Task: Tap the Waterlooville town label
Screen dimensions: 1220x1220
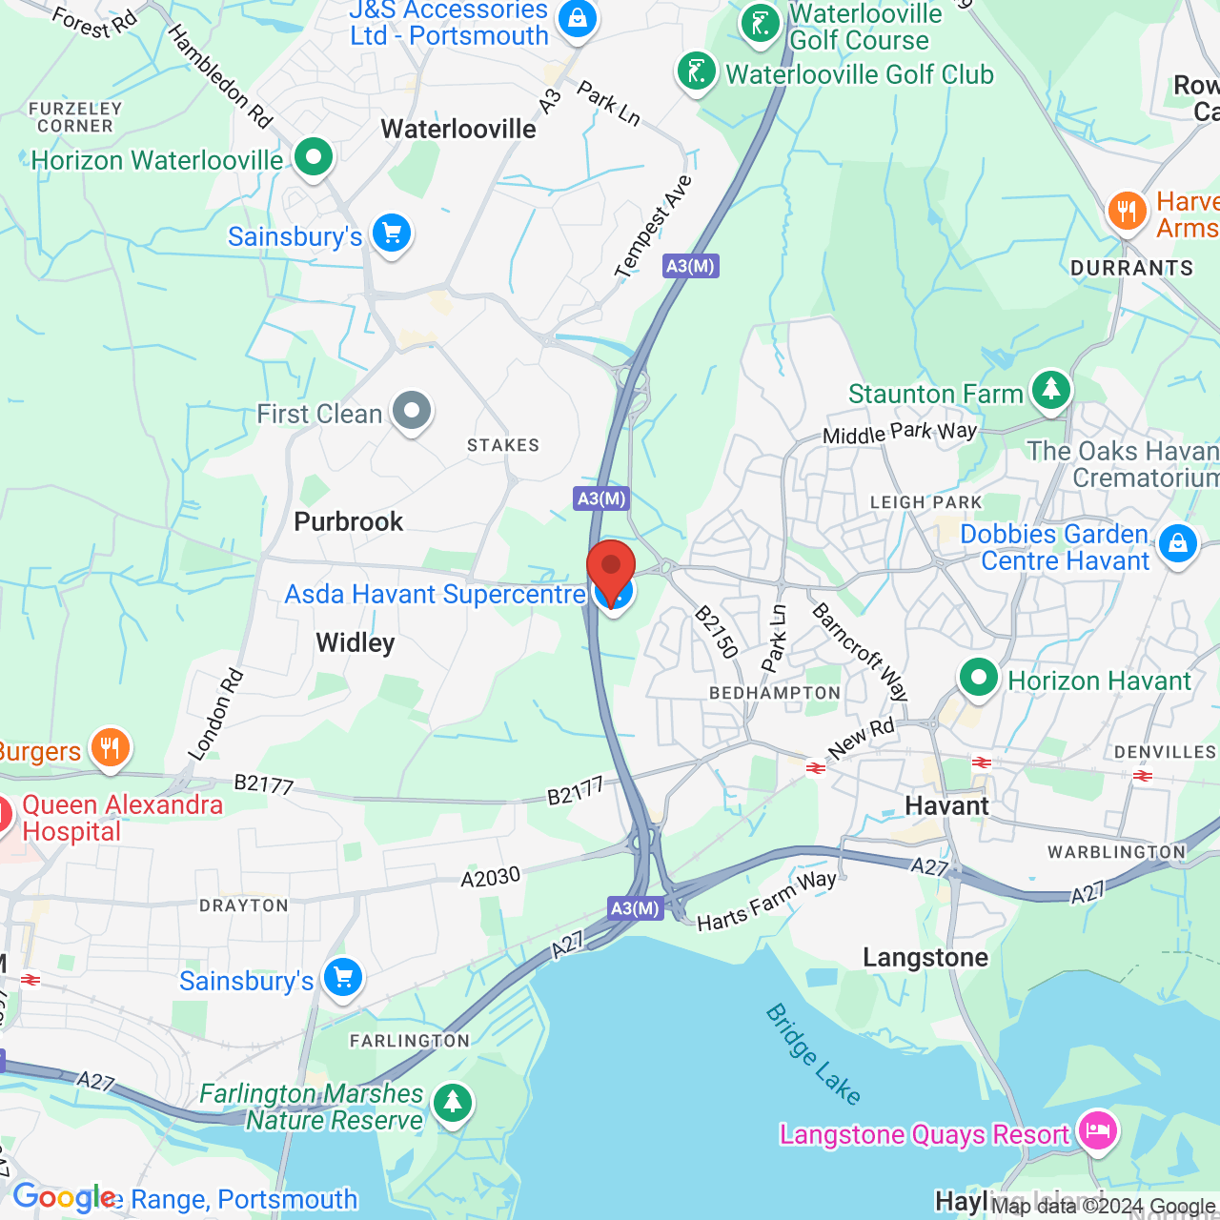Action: [458, 130]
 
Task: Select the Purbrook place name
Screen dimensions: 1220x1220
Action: [349, 522]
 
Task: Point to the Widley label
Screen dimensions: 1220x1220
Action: [355, 643]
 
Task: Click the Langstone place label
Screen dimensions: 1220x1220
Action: [925, 958]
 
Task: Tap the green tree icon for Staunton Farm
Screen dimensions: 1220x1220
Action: [1050, 390]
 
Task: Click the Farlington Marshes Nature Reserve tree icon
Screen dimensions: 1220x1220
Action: [453, 1103]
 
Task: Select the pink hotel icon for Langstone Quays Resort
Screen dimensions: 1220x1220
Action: [1098, 1131]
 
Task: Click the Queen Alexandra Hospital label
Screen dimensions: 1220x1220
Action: [122, 818]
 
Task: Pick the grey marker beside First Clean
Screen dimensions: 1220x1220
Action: [412, 412]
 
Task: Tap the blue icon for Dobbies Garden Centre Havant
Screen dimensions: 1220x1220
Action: [1178, 544]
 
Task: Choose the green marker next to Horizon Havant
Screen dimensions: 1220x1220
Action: [978, 678]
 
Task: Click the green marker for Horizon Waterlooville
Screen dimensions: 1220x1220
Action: [313, 156]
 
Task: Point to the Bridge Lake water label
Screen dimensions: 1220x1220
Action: [813, 1054]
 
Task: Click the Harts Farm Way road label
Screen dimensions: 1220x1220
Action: [766, 901]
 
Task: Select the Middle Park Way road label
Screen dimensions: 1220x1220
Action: [900, 434]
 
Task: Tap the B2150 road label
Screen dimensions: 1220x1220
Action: [717, 632]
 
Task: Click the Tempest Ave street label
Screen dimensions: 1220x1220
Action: [653, 227]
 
